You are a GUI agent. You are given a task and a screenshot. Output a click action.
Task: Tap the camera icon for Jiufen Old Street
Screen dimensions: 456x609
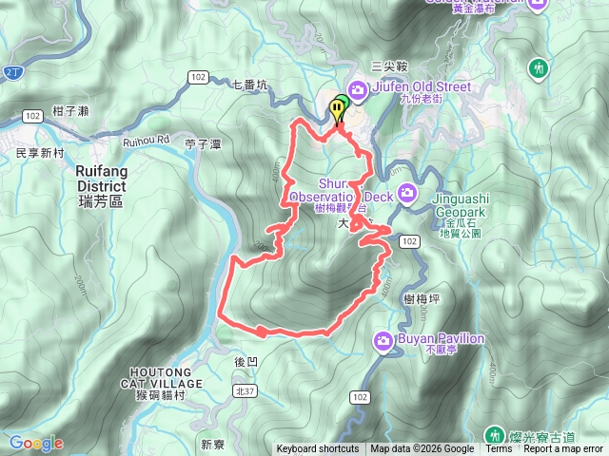[x=359, y=90]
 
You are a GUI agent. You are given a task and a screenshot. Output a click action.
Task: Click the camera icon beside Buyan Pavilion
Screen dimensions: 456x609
[x=383, y=339]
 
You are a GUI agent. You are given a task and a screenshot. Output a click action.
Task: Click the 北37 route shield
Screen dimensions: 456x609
[x=244, y=390]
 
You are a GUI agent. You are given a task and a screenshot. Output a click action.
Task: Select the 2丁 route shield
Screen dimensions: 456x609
[x=12, y=70]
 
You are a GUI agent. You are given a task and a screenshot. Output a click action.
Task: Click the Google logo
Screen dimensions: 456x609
[x=36, y=443]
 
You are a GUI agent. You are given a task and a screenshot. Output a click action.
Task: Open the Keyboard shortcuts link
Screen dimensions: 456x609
[x=318, y=449]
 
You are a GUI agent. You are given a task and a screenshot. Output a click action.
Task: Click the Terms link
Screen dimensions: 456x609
[x=499, y=449]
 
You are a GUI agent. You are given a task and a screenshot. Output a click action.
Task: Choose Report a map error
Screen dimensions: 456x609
[x=564, y=449]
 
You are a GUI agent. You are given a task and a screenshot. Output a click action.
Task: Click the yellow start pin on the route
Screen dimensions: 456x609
[x=337, y=109]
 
